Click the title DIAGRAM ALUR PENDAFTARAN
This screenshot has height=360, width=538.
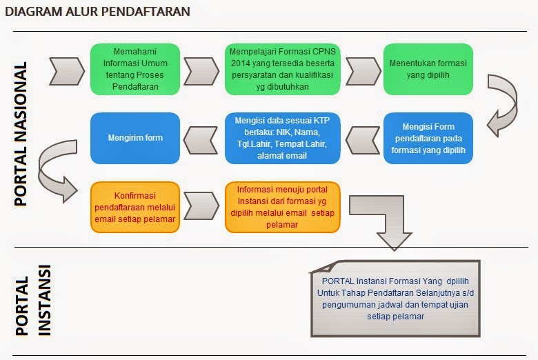[x=97, y=11]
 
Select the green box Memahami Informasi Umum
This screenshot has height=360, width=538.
[x=135, y=70]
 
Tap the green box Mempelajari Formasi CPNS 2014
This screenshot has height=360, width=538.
[x=282, y=70]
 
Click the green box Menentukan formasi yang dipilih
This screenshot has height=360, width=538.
[x=428, y=70]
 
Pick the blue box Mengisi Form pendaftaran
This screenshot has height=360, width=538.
[x=428, y=139]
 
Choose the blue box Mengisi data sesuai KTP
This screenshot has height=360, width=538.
[x=282, y=139]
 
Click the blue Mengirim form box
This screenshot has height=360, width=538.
[x=135, y=139]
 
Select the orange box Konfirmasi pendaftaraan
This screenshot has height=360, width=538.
[x=135, y=208]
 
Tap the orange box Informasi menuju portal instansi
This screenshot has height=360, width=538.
[x=282, y=208]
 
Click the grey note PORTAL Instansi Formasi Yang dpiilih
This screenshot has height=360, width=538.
[x=395, y=299]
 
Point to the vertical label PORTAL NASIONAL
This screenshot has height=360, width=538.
[x=20, y=134]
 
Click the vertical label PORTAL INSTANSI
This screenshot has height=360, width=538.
[x=33, y=300]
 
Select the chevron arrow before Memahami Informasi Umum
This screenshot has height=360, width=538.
[x=67, y=72]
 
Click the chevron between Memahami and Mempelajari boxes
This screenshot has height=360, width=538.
[x=201, y=72]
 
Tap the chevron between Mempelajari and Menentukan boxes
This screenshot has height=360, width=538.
[x=363, y=72]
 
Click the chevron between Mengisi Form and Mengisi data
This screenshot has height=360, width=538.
[x=363, y=141]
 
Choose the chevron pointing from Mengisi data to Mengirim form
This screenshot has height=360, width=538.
[x=201, y=141]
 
